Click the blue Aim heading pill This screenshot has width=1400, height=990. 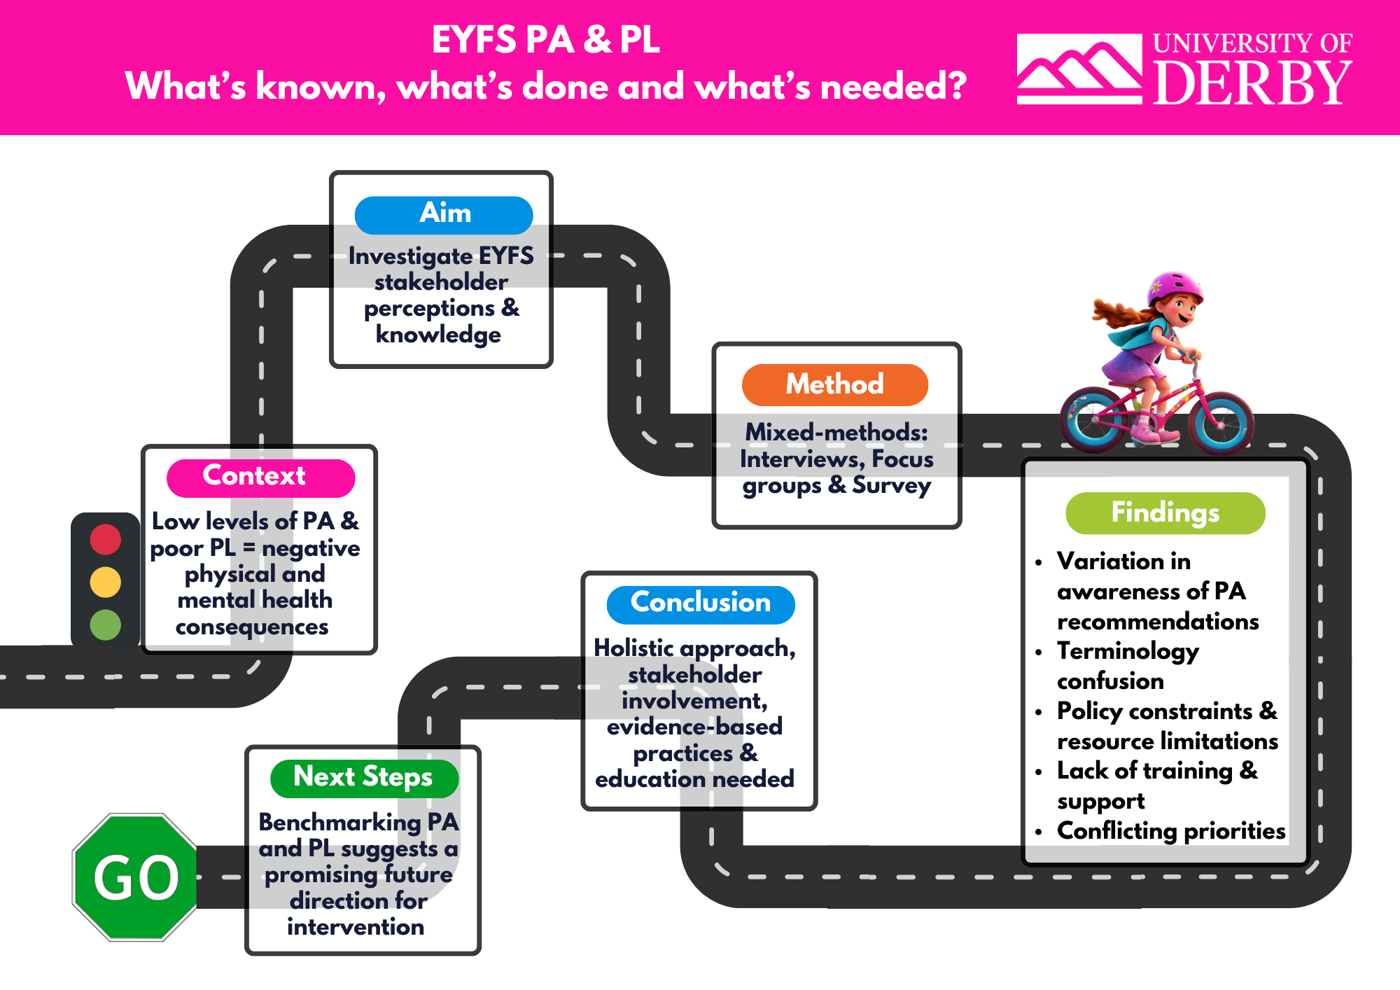pyautogui.click(x=444, y=214)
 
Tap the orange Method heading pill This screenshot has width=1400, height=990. pyautogui.click(x=834, y=384)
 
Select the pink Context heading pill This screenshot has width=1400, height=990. pyautogui.click(x=260, y=477)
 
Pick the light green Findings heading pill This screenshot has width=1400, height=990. pyautogui.click(x=1165, y=513)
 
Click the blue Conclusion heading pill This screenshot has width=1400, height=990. pyautogui.click(x=700, y=604)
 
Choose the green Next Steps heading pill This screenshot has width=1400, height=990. pyautogui.click(x=363, y=778)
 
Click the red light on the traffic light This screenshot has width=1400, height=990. pyautogui.click(x=106, y=540)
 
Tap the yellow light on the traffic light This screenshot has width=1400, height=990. pyautogui.click(x=106, y=582)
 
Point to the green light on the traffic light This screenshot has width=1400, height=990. pyautogui.click(x=106, y=625)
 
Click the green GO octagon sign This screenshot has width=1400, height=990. pyautogui.click(x=136, y=877)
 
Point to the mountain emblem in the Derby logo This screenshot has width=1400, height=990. pyautogui.click(x=1079, y=69)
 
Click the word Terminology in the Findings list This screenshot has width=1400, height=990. pyautogui.click(x=1128, y=651)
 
